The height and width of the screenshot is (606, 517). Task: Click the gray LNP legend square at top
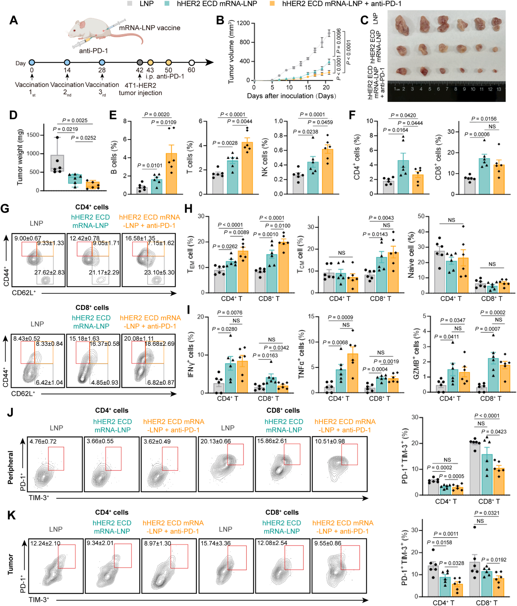pyautogui.click(x=129, y=4)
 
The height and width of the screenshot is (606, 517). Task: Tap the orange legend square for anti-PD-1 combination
pyautogui.click(x=272, y=4)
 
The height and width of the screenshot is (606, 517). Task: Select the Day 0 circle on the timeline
pyautogui.click(x=32, y=62)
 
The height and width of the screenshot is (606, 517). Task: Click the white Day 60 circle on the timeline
pyautogui.click(x=191, y=62)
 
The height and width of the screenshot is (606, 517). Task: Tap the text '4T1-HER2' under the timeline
pyautogui.click(x=140, y=85)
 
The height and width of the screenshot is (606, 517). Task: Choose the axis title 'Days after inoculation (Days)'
pyautogui.click(x=292, y=96)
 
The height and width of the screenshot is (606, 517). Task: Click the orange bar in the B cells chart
pyautogui.click(x=171, y=174)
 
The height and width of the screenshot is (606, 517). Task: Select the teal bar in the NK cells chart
pyautogui.click(x=313, y=178)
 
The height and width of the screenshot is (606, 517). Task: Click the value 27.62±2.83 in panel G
pyautogui.click(x=49, y=272)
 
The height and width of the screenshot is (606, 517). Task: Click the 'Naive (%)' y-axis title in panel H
pyautogui.click(x=411, y=254)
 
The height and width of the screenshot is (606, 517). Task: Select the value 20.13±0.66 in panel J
pyautogui.click(x=215, y=441)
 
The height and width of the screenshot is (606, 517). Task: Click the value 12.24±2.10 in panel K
pyautogui.click(x=45, y=543)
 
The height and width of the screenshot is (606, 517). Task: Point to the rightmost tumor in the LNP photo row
pyautogui.click(x=496, y=24)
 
